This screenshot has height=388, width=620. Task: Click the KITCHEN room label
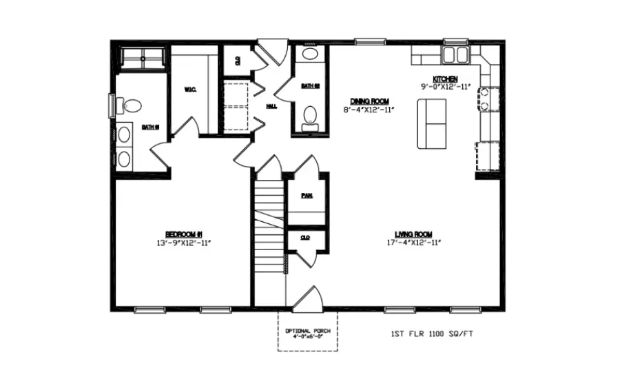coord(444,79)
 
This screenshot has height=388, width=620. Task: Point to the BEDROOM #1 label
coord(183,233)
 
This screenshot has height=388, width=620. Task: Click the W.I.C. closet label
coord(191,89)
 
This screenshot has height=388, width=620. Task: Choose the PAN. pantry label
coord(307,196)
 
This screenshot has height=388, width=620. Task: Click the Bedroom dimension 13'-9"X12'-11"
coord(183,242)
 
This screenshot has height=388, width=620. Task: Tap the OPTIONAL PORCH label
coord(307,331)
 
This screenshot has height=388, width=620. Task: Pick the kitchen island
coord(432,123)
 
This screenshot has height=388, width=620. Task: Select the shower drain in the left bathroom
coord(143,59)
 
